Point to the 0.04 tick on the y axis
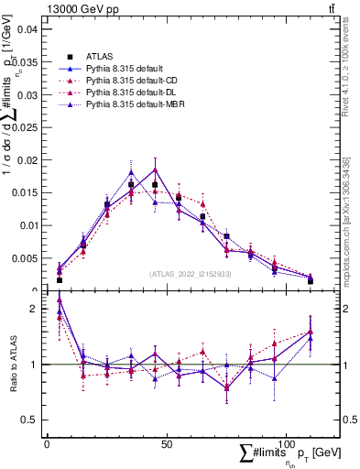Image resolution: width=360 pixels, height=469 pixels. click(27, 29)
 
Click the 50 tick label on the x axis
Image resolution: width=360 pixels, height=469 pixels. click(166, 444)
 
